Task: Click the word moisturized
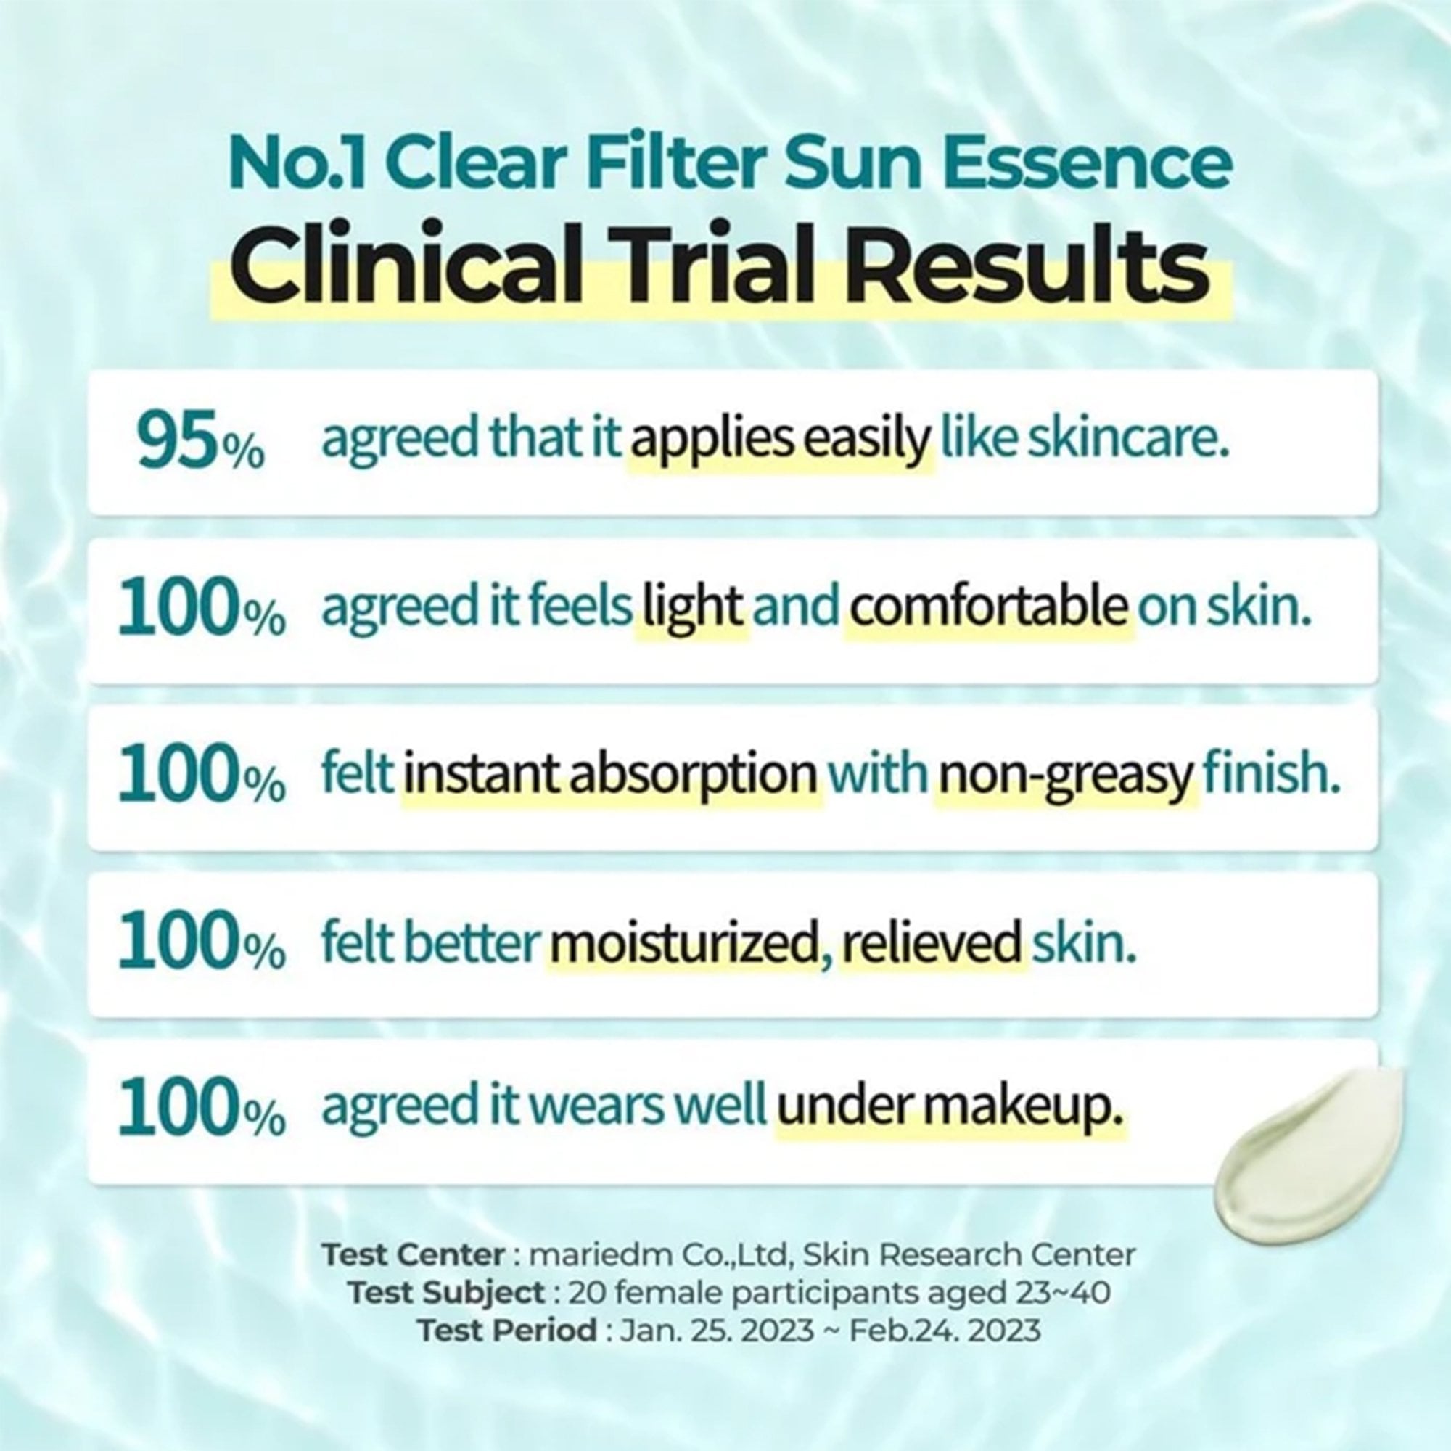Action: coord(683,942)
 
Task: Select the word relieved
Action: coord(932,942)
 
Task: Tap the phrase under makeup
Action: coord(950,1108)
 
